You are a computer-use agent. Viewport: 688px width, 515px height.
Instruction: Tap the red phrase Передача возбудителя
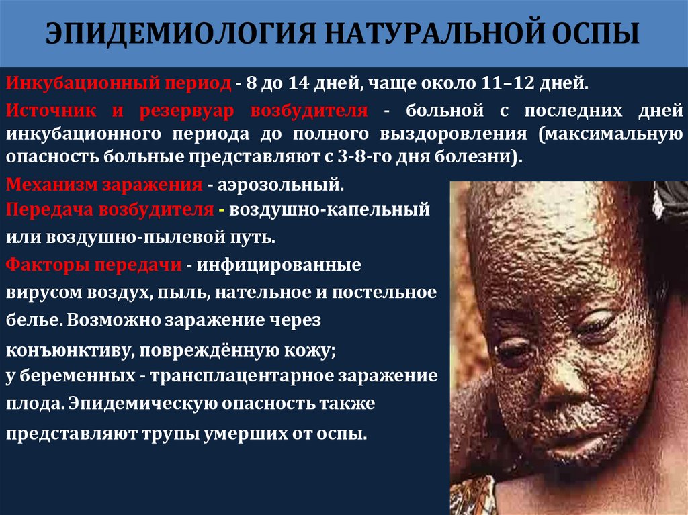click(x=110, y=209)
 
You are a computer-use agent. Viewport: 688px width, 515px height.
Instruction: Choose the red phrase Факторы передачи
click(x=95, y=264)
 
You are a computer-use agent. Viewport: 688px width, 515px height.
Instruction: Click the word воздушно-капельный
click(x=329, y=209)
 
